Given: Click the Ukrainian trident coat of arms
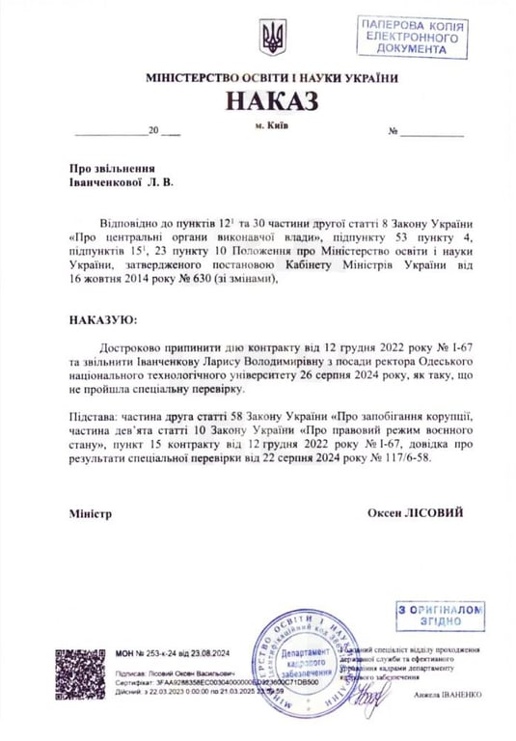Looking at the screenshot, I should coord(272,39).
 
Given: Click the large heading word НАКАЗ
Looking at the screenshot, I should coord(271,100).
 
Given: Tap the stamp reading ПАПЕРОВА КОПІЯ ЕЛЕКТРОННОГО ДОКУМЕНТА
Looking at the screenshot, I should coord(412,37).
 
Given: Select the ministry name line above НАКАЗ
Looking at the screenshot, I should coord(271,78).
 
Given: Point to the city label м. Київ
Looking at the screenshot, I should coord(271,124).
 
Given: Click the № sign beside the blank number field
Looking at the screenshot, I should coord(393,131).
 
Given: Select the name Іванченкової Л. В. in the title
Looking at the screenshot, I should coord(122,180).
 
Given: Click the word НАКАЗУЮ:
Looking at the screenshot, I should coord(103,317).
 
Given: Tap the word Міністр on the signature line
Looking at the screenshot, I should coord(91,513).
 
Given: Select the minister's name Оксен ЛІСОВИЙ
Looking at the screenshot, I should coord(415,512).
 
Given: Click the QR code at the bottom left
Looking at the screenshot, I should coord(80,672).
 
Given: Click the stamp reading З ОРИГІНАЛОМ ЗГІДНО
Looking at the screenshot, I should coord(439,616).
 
